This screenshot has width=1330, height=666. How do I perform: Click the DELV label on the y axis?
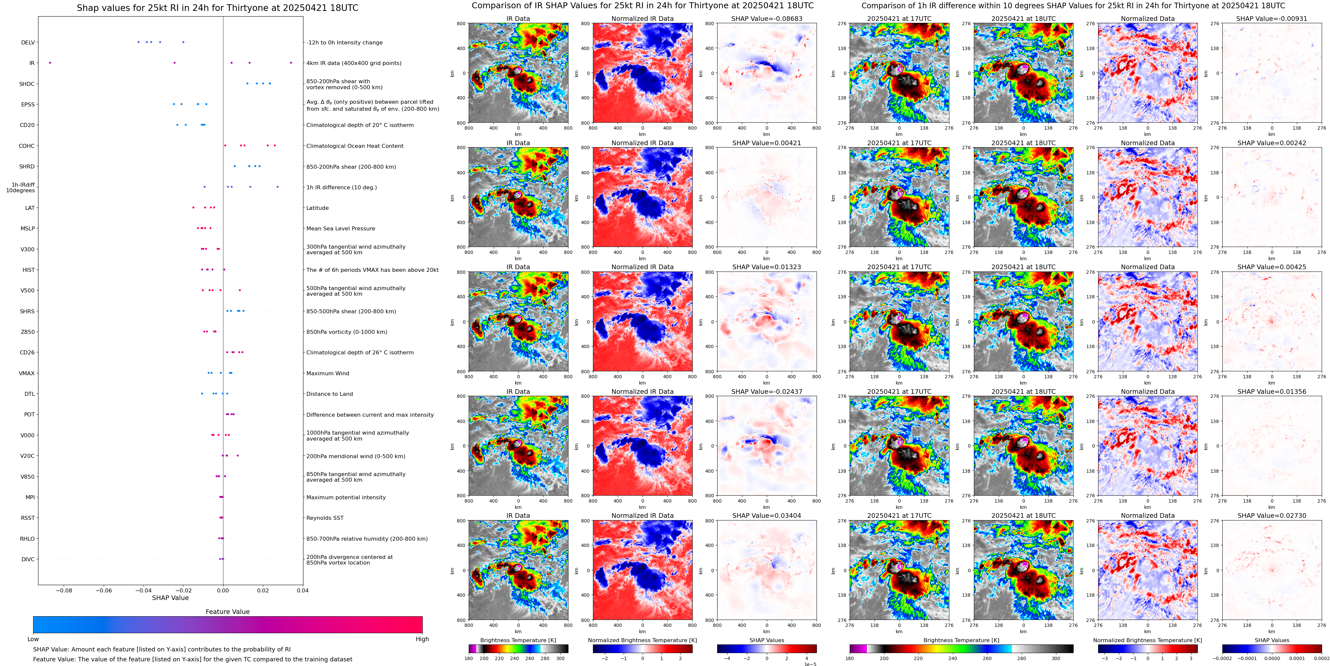28,42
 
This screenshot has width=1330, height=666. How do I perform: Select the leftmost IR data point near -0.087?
50,63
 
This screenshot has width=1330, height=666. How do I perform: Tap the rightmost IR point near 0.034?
291,63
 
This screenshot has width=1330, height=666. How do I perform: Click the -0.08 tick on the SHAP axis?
64,590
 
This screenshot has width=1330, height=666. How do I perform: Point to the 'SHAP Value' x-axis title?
170,598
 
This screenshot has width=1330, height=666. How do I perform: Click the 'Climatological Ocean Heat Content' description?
355,146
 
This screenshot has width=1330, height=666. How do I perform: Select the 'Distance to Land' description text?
329,394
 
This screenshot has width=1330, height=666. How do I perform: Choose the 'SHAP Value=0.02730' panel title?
1272,515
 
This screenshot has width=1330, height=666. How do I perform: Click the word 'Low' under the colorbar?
33,639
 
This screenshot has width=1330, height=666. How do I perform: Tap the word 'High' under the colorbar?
422,639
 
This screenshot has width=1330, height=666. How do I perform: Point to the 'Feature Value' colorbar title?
228,612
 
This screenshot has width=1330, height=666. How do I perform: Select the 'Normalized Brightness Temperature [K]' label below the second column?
642,640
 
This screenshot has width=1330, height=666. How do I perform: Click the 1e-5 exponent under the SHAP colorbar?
810,664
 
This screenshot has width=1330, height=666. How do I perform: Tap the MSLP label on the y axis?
27,228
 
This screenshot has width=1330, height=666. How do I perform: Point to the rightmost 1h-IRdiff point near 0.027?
278,187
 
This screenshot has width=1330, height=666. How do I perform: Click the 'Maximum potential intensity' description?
346,498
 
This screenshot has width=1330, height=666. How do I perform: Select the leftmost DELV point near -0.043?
138,42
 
